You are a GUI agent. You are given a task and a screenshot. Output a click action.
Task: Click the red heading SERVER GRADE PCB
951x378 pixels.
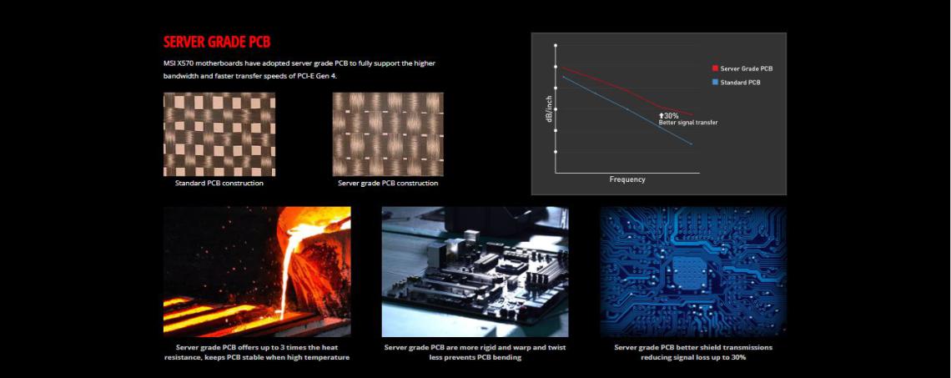coord(217,42)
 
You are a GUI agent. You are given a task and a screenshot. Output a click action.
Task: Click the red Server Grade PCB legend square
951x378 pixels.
coord(715,68)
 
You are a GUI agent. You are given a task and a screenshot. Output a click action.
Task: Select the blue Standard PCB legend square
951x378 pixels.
coord(715,82)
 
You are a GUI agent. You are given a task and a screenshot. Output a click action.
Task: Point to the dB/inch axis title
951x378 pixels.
coord(549,109)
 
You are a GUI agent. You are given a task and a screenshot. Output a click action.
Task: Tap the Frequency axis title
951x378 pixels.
coord(627,179)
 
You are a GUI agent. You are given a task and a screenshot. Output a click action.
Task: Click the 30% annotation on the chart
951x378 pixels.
coord(668,115)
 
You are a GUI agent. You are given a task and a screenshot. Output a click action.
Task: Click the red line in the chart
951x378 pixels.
coord(627,90)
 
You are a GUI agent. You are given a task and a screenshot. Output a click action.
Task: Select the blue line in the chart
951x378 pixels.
coord(627,110)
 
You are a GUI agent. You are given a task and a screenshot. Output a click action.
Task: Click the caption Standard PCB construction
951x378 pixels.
coord(219,183)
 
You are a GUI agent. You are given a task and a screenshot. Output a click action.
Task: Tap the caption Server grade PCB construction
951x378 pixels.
coord(388,183)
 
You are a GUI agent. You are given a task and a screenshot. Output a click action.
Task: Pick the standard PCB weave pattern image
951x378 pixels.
coord(219,134)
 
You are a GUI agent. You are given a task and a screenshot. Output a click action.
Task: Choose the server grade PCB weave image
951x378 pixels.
coord(388,134)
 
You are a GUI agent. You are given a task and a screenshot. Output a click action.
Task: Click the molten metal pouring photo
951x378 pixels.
coord(257,272)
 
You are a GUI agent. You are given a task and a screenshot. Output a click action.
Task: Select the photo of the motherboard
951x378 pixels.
coord(475,272)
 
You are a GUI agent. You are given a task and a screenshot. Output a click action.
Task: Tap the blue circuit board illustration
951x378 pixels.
coord(693,272)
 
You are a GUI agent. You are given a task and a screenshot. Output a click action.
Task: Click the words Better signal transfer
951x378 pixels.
coord(687,123)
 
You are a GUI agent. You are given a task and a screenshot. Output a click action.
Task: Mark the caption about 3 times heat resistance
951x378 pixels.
coord(257,352)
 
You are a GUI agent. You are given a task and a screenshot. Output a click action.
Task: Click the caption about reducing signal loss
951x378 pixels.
coord(693,352)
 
